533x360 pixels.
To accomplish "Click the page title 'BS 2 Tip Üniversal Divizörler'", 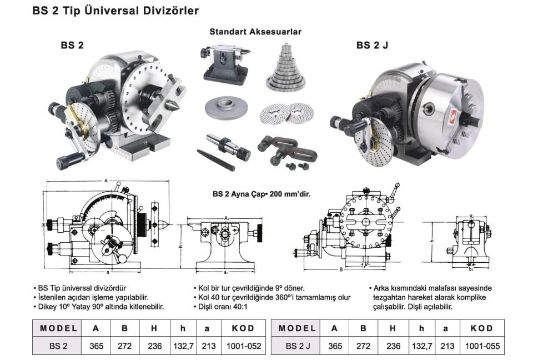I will click(x=115, y=10).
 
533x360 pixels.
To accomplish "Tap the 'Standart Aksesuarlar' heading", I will click(x=255, y=32).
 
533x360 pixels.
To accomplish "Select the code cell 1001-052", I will click(x=244, y=346).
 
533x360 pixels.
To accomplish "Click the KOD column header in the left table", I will click(x=244, y=328).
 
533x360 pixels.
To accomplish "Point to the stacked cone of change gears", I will click(x=286, y=69).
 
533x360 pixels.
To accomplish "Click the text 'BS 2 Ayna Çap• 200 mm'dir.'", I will click(x=261, y=194).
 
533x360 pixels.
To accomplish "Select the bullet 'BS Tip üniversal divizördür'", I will click(x=83, y=288).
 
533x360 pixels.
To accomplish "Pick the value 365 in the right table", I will click(x=335, y=346).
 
